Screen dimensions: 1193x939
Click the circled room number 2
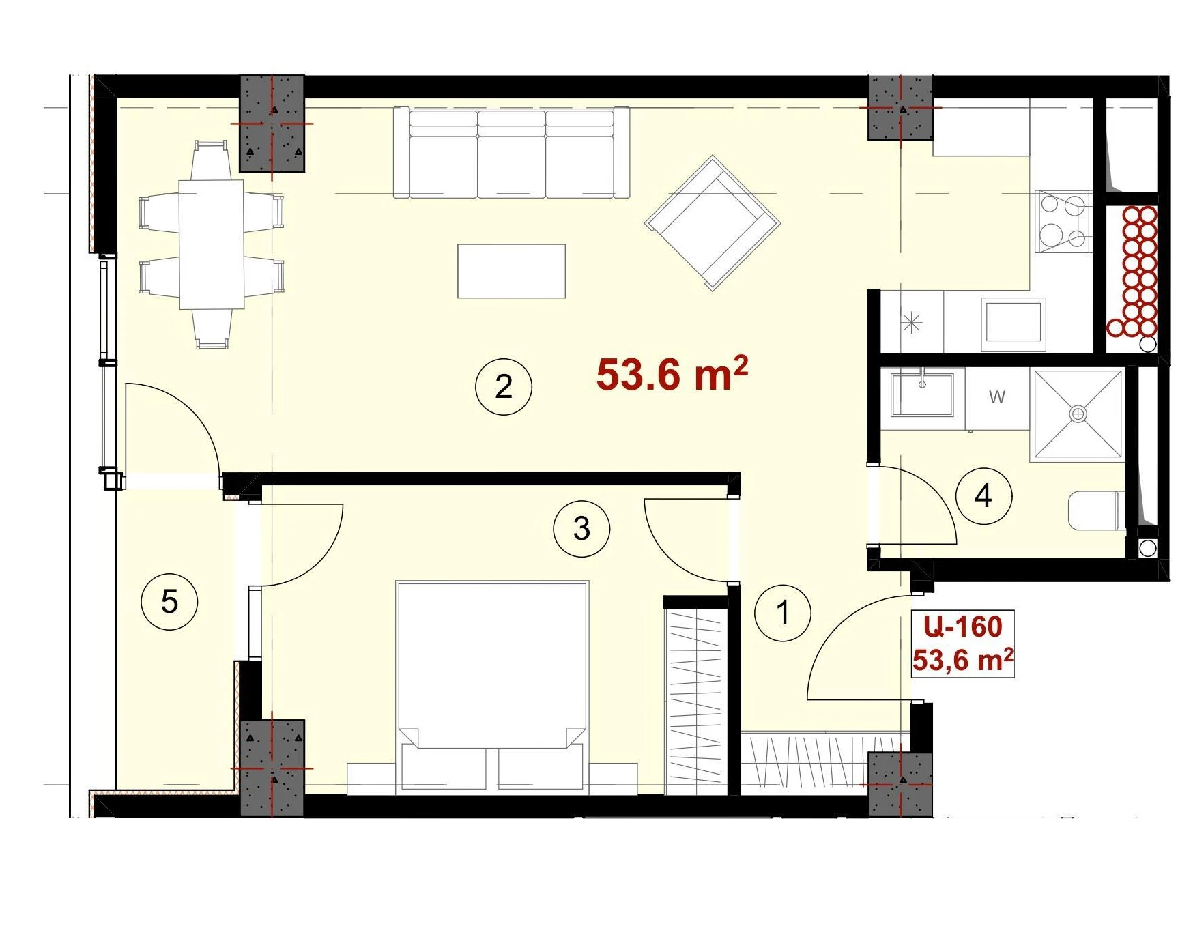[504, 387]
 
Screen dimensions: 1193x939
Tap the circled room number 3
[581, 528]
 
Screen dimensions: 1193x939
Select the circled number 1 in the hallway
[783, 612]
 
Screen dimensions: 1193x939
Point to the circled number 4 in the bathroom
[983, 495]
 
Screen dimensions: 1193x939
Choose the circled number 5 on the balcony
[169, 602]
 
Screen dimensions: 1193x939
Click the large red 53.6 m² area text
[672, 373]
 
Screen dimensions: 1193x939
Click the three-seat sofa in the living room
[511, 152]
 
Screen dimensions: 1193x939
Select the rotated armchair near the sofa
[713, 223]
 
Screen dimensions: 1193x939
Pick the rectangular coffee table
[511, 271]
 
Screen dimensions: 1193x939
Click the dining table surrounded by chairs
[212, 244]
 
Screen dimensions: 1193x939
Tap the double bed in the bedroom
[492, 687]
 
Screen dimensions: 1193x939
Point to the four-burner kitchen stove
[1063, 221]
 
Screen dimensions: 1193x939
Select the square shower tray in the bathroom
[1078, 414]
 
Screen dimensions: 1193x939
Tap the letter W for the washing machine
[996, 396]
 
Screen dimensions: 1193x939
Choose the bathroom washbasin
[922, 394]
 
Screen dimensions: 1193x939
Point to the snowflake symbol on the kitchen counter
[912, 322]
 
